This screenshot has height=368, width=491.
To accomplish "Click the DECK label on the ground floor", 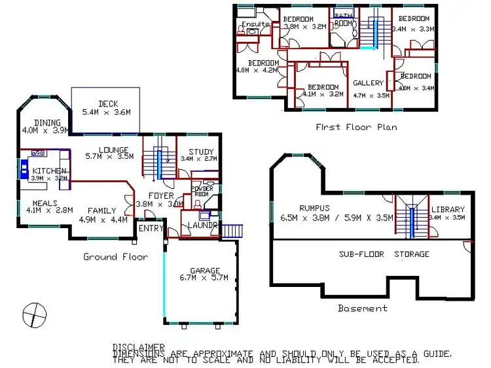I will pyautogui.click(x=107, y=103).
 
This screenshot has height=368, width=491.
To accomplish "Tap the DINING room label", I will pyautogui.click(x=48, y=122).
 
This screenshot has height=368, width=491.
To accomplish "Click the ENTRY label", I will pyautogui.click(x=151, y=228).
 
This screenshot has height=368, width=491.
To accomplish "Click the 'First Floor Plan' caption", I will pyautogui.click(x=355, y=127).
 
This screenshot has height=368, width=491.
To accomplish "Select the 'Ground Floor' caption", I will pyautogui.click(x=115, y=257).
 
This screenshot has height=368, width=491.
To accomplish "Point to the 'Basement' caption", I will pyautogui.click(x=362, y=308).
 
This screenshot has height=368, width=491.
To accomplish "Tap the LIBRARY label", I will pyautogui.click(x=448, y=209).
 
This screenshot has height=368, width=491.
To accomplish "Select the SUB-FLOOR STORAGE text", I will pyautogui.click(x=384, y=254).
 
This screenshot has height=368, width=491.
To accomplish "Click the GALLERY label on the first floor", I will pyautogui.click(x=368, y=84).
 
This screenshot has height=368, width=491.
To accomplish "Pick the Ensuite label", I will pyautogui.click(x=255, y=24).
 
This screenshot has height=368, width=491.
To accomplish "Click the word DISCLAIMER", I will pyautogui.click(x=139, y=347).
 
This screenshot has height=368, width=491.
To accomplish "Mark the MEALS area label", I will pyautogui.click(x=40, y=203).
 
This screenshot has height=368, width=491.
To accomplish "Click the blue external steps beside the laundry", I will pyautogui.click(x=232, y=231).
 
